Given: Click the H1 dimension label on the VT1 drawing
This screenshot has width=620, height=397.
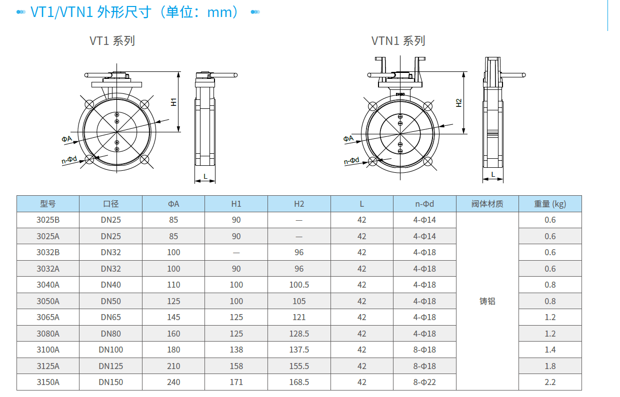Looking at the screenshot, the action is pyautogui.click(x=173, y=102).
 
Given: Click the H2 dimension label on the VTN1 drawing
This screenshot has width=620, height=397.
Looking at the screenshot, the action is pyautogui.click(x=459, y=103).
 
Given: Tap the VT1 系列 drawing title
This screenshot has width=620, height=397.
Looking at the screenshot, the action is pyautogui.click(x=112, y=41).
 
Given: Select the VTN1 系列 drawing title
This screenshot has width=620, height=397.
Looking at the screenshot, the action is pyautogui.click(x=398, y=41).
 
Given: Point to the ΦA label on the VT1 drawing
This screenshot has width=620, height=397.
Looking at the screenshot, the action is pyautogui.click(x=66, y=139).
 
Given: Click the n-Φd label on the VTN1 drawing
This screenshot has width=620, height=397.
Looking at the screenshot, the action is pyautogui.click(x=351, y=161).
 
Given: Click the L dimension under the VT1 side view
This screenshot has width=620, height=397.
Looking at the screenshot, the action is pyautogui.click(x=205, y=176).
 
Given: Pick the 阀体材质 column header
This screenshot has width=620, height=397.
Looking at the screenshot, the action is pyautogui.click(x=487, y=204).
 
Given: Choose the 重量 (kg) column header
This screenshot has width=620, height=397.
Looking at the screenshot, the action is pyautogui.click(x=550, y=204).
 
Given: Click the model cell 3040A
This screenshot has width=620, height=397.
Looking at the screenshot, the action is pyautogui.click(x=48, y=285).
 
